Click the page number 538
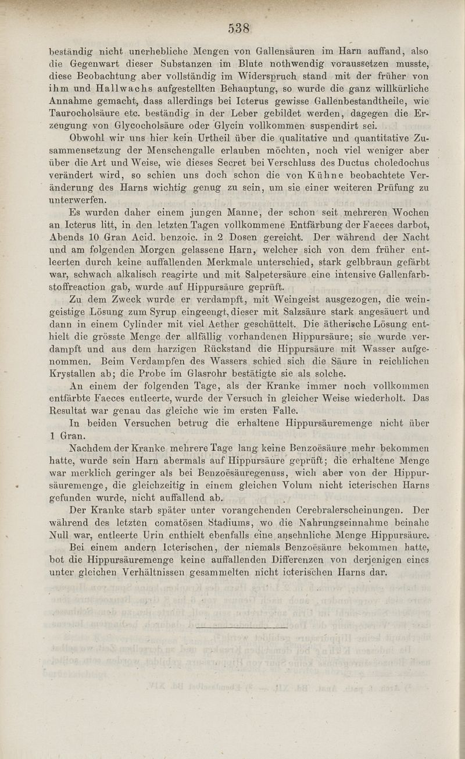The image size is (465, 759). coord(238,28)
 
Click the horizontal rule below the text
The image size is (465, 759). coord(242,628)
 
